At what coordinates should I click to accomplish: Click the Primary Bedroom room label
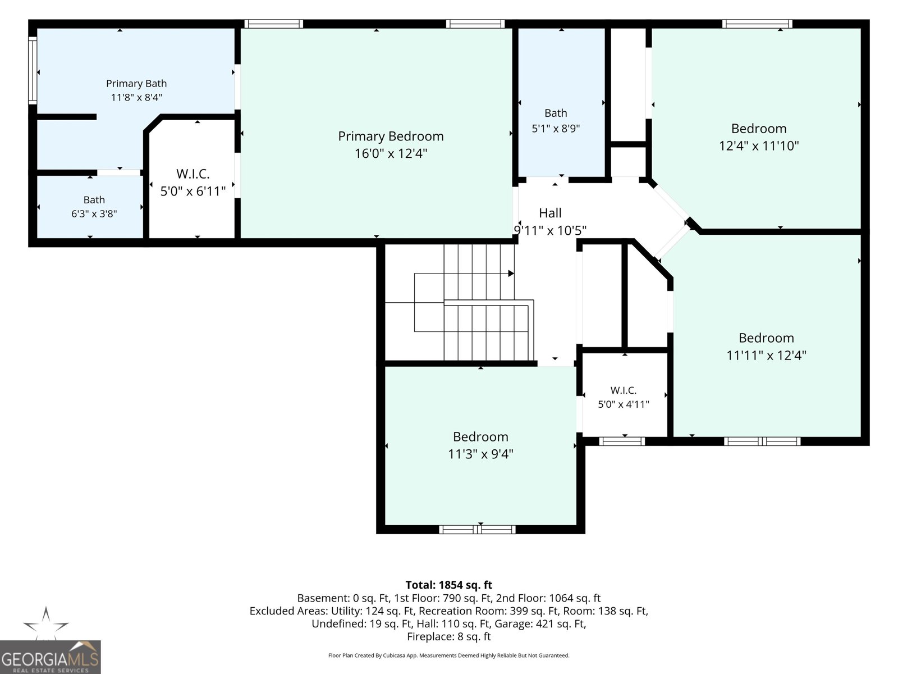tap(391, 136)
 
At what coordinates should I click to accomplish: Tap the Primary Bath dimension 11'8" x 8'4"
tap(136, 97)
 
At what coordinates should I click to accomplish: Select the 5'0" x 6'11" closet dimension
tap(193, 191)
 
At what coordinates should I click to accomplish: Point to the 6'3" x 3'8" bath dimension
tap(94, 213)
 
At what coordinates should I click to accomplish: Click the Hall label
tap(550, 213)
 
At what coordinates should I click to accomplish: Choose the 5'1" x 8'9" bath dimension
tap(556, 129)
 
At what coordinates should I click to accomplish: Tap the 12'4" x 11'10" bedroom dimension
tap(759, 145)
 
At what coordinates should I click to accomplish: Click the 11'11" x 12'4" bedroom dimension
tap(766, 355)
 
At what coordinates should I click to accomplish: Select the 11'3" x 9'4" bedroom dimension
tap(480, 454)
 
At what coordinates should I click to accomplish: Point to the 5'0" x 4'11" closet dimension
tap(624, 404)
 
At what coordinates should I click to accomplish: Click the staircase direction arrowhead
tap(511, 273)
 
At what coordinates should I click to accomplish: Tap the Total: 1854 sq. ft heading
tap(449, 585)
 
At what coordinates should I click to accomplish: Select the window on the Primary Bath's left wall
tap(33, 70)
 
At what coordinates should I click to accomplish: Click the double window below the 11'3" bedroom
tap(478, 530)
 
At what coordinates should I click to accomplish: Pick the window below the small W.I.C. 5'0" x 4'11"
tap(622, 441)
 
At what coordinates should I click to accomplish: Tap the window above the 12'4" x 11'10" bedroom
tap(757, 24)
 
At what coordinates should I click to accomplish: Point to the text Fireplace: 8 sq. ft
tap(449, 636)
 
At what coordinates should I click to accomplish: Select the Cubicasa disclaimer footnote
tap(449, 655)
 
